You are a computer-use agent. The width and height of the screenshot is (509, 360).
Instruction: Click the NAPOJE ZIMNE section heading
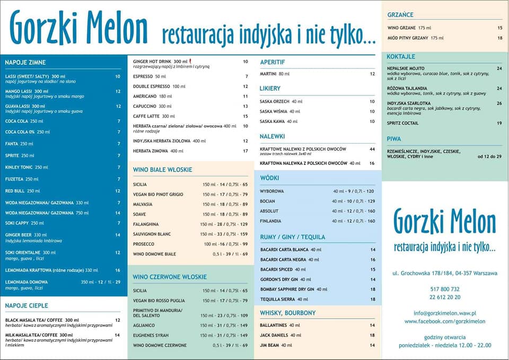coord(25,63)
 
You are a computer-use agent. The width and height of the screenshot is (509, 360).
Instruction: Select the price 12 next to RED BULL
coord(118,191)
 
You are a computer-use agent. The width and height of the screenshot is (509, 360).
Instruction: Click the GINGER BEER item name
coord(19,234)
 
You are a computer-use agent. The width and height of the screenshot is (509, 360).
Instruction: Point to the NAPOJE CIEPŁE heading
coord(27,305)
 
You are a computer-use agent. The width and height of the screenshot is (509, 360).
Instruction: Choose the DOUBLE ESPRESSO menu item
coord(152,86)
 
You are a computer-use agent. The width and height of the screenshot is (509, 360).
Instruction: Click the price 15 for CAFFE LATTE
coord(245,116)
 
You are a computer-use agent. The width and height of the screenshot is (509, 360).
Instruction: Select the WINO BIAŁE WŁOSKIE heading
coord(162,170)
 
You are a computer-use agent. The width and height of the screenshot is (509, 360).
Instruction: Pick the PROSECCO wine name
coord(144,244)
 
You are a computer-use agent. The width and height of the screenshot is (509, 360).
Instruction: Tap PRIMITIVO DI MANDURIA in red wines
coord(157,310)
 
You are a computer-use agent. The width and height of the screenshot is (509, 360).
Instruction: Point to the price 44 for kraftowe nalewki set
coord(372,149)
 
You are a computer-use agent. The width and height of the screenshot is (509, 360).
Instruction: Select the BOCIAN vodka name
coord(267,201)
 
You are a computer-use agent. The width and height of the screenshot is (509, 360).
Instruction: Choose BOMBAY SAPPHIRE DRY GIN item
coord(287,289)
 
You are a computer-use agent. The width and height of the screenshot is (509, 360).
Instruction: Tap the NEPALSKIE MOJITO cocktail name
coord(406,68)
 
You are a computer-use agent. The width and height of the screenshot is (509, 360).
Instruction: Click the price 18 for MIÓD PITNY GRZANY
coord(499,38)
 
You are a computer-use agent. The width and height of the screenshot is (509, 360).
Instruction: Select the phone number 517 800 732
coord(444,288)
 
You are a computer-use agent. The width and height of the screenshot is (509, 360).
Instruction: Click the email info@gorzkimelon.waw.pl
coord(444,313)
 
